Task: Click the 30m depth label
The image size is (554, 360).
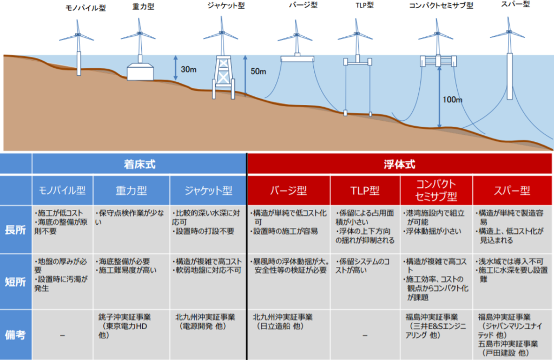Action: pyautogui.click(x=188, y=69)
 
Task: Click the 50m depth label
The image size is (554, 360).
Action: pyautogui.click(x=258, y=71)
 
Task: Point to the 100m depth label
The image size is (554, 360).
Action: pyautogui.click(x=452, y=100)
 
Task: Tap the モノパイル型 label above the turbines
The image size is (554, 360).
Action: pyautogui.click(x=85, y=8)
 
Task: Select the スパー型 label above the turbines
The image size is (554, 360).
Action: pyautogui.click(x=516, y=4)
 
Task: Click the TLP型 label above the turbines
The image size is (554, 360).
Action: pyautogui.click(x=365, y=5)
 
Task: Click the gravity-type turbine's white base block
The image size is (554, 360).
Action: pyautogui.click(x=140, y=72)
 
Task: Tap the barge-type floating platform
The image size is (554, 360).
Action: pyautogui.click(x=297, y=58)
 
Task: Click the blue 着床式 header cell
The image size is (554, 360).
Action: pyautogui.click(x=139, y=164)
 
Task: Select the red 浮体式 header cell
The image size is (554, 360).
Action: pyautogui.click(x=400, y=164)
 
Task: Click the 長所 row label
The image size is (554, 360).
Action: pyautogui.click(x=15, y=230)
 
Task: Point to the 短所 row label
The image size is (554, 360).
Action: pyautogui.click(x=15, y=282)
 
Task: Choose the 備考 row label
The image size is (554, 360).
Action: pyautogui.click(x=15, y=335)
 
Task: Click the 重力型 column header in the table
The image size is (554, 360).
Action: pyautogui.click(x=131, y=191)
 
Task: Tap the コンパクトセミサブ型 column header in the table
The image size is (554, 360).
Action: pyautogui.click(x=437, y=190)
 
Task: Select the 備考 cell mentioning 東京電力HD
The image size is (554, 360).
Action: pyautogui.click(x=131, y=335)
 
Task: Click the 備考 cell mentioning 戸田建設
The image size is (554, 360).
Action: pyautogui.click(x=512, y=335)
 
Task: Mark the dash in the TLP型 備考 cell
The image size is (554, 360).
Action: pyautogui.click(x=365, y=335)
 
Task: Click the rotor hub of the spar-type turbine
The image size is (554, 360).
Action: pyautogui.click(x=509, y=32)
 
